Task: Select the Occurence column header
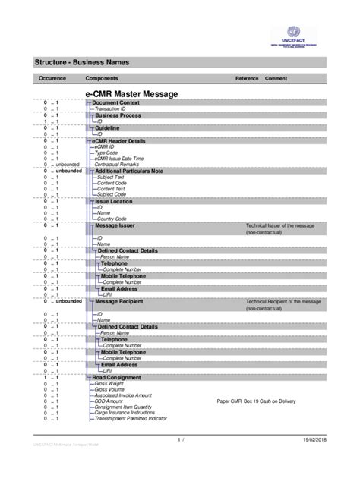pos(53,79)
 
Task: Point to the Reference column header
pos(247,79)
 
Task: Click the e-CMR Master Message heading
pos(131,93)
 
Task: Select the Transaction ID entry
pos(111,109)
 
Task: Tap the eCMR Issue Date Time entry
pos(120,158)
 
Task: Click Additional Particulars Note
pos(129,171)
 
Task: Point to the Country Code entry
pos(111,219)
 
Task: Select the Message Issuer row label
pos(115,226)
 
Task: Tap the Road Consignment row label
pos(116,377)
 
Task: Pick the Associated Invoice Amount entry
pos(123,395)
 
